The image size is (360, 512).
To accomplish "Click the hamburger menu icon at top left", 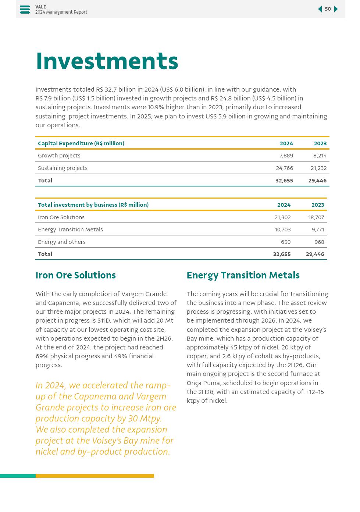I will (25, 10).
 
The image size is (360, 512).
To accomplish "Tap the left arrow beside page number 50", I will (320, 9).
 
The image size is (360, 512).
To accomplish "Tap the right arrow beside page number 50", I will (336, 9).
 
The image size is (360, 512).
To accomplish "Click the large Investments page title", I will (107, 61).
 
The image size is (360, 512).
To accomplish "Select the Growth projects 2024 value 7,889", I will (286, 156).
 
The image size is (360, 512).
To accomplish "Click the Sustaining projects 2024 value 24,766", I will (284, 168).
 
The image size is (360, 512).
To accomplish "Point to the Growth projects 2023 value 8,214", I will (320, 156).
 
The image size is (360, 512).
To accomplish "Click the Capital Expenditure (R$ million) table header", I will (81, 143).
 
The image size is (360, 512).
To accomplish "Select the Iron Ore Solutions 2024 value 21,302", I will (282, 217).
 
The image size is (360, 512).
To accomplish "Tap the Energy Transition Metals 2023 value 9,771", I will (318, 230).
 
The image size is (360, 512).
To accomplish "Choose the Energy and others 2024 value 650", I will (285, 242).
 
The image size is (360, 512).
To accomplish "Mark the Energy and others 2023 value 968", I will (319, 242).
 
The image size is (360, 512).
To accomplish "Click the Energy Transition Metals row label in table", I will (70, 230).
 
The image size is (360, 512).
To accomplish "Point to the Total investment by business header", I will (93, 205).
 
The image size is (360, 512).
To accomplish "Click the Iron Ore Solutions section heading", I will (75, 275).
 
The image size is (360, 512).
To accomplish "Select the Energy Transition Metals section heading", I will (243, 275).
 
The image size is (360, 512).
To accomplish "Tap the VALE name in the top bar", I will (40, 7).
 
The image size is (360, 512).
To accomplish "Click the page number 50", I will (328, 9).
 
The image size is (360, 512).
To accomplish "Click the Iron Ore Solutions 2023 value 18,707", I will (316, 217).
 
